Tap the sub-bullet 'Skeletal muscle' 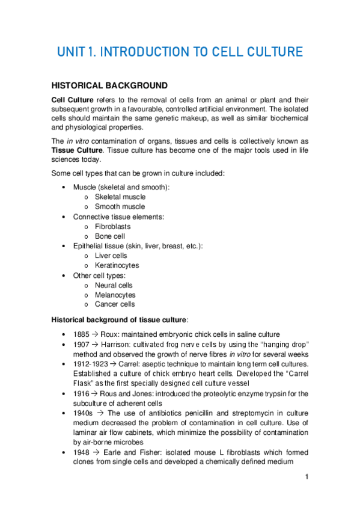pyautogui.click(x=120, y=197)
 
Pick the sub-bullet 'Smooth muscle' pyautogui.click(x=120, y=207)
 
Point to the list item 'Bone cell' pyautogui.click(x=111, y=236)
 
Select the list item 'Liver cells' pyautogui.click(x=111, y=256)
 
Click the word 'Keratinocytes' pyautogui.click(x=117, y=265)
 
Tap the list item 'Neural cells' pyautogui.click(x=114, y=285)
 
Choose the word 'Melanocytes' pyautogui.click(x=115, y=295)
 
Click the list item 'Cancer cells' pyautogui.click(x=115, y=304)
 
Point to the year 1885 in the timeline pyautogui.click(x=82, y=334)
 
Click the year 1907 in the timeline pyautogui.click(x=82, y=344)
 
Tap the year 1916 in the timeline pyautogui.click(x=82, y=393)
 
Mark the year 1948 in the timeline pyautogui.click(x=82, y=452)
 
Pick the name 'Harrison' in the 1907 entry pyautogui.click(x=116, y=344)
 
